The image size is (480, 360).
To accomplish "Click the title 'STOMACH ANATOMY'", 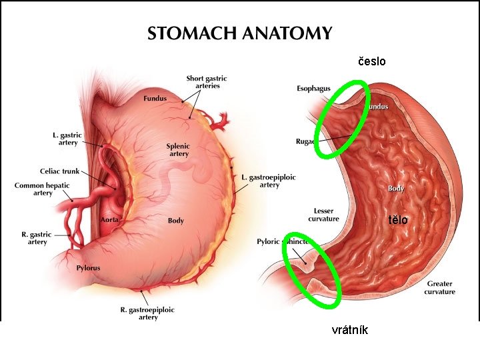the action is click(239, 33).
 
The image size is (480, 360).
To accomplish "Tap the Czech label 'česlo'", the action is click(372, 62).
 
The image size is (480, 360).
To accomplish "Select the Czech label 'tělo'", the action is click(398, 220).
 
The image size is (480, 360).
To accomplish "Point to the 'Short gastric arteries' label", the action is click(207, 82).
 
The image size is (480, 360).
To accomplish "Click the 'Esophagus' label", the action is click(313, 88).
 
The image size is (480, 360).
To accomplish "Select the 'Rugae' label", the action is click(306, 141).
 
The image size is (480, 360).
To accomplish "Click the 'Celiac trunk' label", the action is click(59, 171).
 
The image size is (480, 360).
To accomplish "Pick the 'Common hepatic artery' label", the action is click(42, 189).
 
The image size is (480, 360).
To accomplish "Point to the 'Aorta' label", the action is click(109, 219).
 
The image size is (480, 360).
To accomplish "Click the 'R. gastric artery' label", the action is click(37, 238).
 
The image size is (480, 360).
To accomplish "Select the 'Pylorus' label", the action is click(88, 268).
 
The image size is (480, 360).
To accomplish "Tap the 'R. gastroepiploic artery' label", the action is click(147, 313).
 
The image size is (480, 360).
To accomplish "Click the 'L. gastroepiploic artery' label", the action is click(269, 181).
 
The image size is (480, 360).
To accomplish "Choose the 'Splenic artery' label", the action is click(178, 150).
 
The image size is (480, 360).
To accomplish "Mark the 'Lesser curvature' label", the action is click(323, 215).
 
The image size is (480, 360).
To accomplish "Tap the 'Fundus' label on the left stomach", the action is click(155, 99).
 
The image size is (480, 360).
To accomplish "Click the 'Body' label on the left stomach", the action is click(176, 221).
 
